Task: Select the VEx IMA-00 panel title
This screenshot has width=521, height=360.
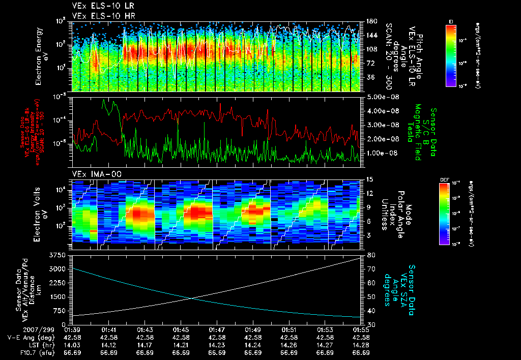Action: coord(92,174)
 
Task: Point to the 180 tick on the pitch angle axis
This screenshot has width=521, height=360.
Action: coord(370,21)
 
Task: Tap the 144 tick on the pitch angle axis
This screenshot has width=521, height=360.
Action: coord(370,36)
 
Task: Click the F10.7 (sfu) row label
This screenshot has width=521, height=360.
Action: coord(22,352)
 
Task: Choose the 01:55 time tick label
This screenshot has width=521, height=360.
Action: coord(361,330)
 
